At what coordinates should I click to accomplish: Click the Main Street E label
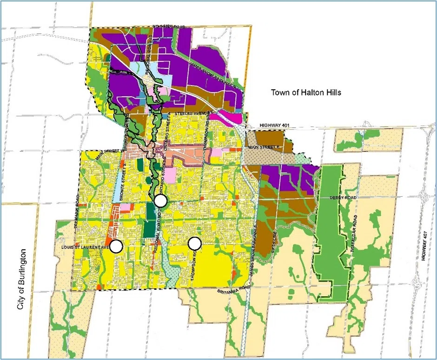tap(263, 148)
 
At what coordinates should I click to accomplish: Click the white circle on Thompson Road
tap(194, 243)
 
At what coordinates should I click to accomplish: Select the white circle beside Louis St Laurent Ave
tap(116, 246)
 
